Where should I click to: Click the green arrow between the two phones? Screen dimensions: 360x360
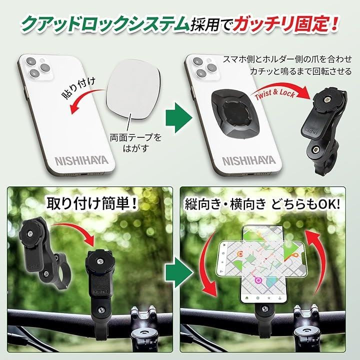pos(179,118)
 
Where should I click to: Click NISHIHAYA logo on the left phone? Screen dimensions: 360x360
pos(81,160)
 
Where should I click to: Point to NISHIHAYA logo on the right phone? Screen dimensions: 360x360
pos(249,160)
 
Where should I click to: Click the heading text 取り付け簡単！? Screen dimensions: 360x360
pos(92,203)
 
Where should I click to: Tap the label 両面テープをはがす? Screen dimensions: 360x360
pos(135,143)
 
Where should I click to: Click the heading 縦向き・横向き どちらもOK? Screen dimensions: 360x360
pos(262,204)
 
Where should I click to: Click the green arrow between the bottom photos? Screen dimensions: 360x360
pos(179,272)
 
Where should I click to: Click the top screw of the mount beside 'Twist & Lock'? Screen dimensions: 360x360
pos(326,99)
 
